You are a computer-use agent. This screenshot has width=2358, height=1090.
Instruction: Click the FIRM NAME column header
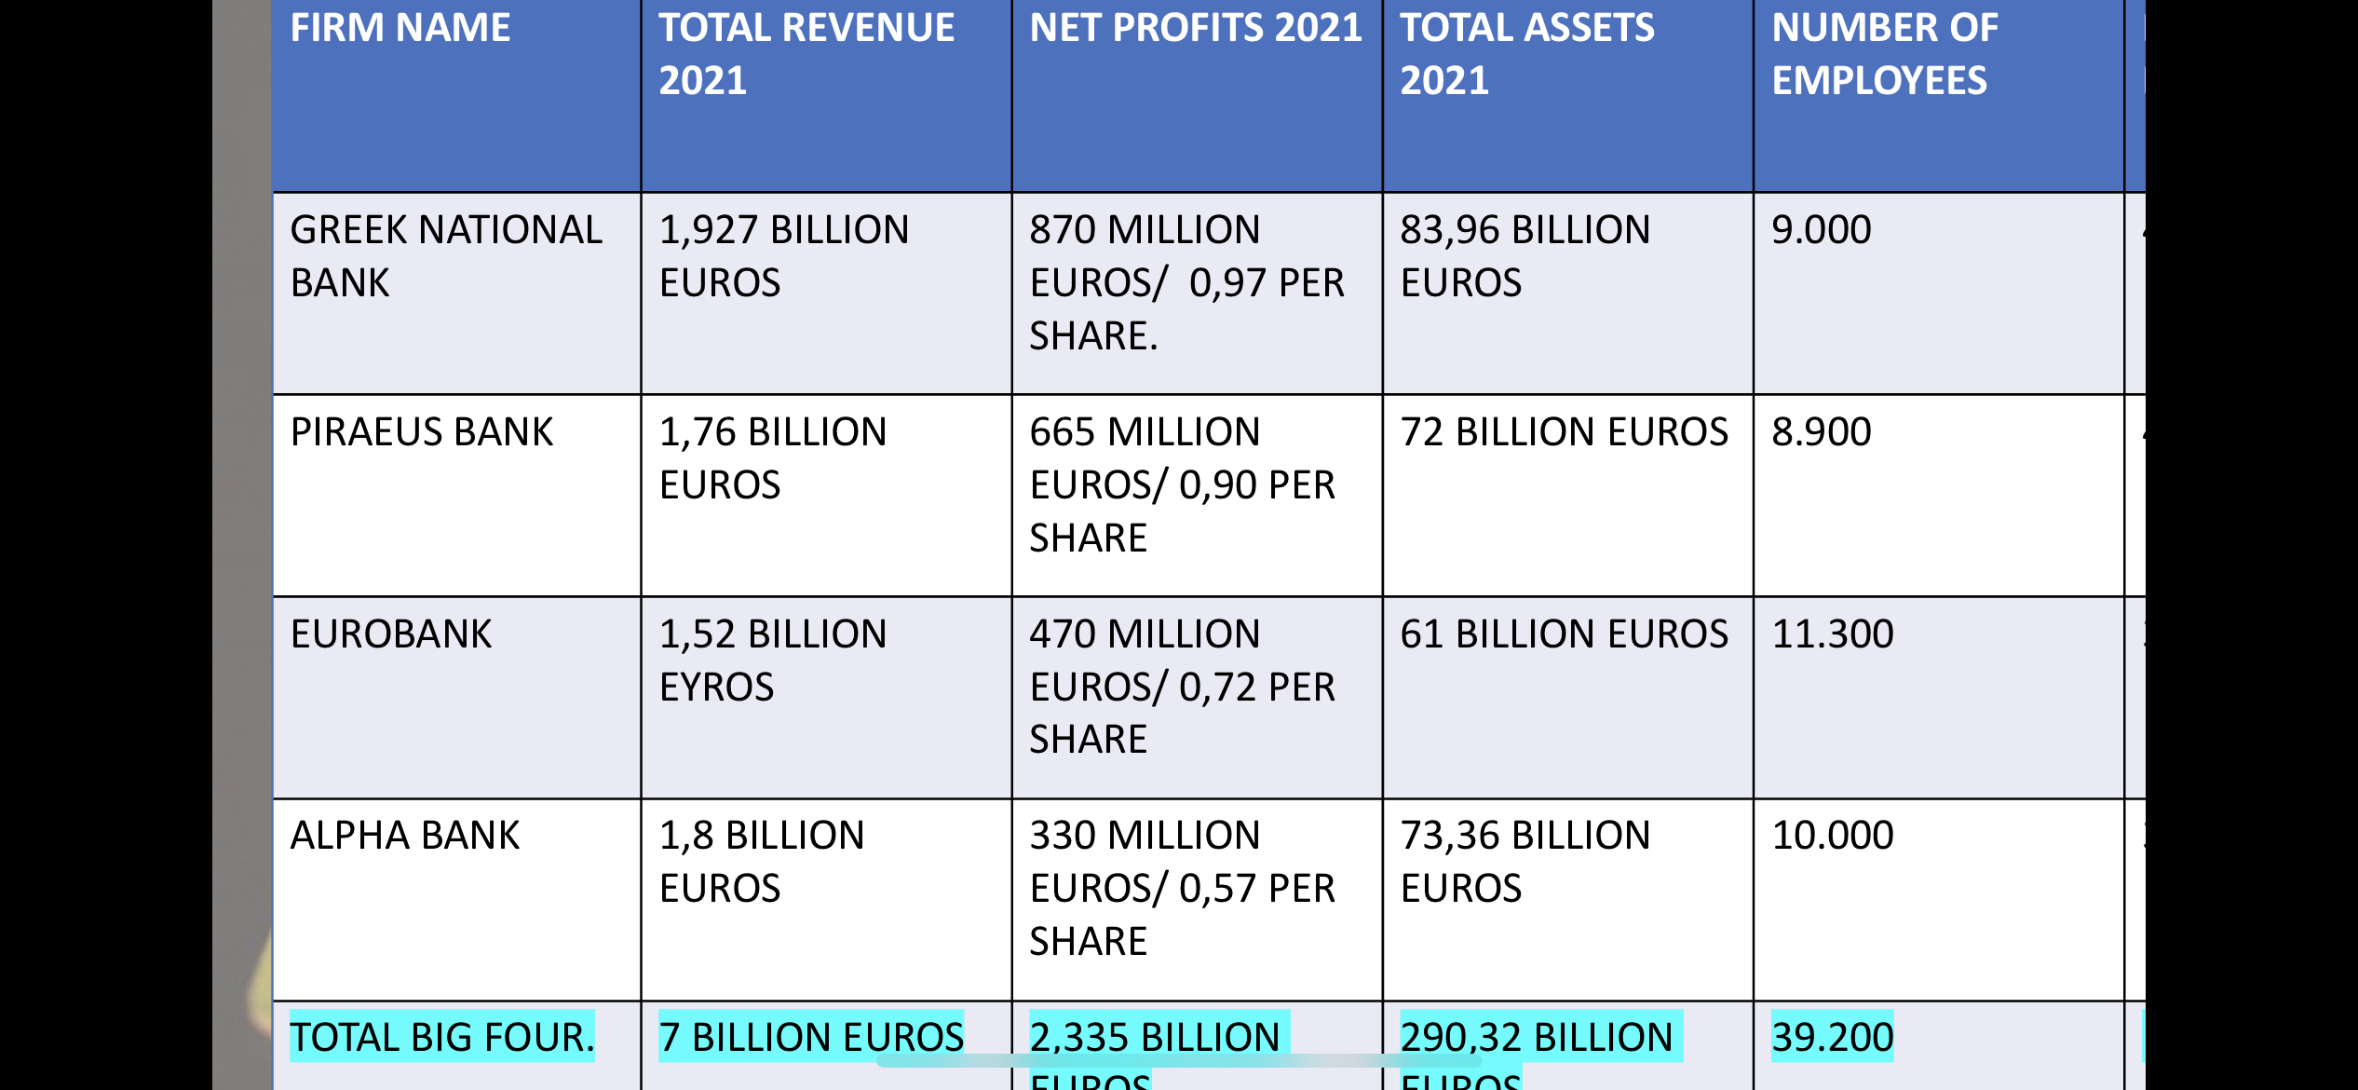(400, 28)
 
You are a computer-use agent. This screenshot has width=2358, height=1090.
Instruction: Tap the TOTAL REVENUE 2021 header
(806, 54)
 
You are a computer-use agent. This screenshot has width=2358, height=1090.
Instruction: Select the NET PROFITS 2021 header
(1195, 28)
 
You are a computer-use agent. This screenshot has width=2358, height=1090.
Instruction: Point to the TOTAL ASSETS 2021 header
(1527, 54)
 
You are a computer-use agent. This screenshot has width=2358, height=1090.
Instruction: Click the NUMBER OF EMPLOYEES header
(1884, 54)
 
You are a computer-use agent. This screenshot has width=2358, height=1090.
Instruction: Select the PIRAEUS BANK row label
(421, 432)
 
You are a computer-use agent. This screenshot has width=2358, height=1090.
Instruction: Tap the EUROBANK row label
(390, 634)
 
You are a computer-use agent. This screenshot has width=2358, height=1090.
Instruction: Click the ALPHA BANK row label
(404, 836)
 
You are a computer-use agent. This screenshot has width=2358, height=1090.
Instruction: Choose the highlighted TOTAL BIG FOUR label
(441, 1037)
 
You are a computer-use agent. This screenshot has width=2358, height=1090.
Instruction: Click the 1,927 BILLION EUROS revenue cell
(783, 256)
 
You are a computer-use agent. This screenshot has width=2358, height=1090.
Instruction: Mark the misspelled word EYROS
(716, 688)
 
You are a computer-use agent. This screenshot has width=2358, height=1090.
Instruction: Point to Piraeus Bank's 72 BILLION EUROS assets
(1564, 432)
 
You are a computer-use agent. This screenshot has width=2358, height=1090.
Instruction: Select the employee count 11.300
(1832, 634)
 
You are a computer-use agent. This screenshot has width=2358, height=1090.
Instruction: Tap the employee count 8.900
(1821, 432)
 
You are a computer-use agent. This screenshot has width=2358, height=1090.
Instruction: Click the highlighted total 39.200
(1832, 1037)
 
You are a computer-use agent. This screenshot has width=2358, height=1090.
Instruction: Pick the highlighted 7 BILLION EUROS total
(810, 1037)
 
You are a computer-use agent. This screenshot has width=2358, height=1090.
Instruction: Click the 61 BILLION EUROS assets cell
(1564, 634)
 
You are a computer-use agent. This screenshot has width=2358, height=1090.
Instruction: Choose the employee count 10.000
(1832, 836)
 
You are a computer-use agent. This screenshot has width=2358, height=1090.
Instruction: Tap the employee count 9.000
(1821, 230)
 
